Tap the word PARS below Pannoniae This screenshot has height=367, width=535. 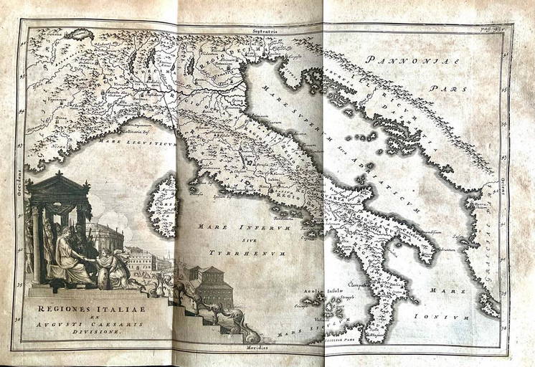(x=444, y=90)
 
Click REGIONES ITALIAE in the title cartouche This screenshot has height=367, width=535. (x=72, y=309)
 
